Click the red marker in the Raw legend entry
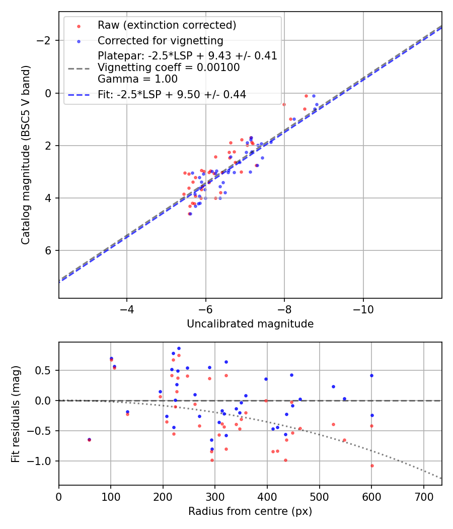(79, 25)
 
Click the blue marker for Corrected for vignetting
(79, 40)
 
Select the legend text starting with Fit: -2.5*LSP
(172, 95)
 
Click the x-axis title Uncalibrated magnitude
(250, 324)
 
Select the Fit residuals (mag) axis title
(16, 413)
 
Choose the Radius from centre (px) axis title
(250, 511)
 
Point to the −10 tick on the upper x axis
(363, 309)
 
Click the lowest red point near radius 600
(372, 466)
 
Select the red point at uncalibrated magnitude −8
(284, 104)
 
